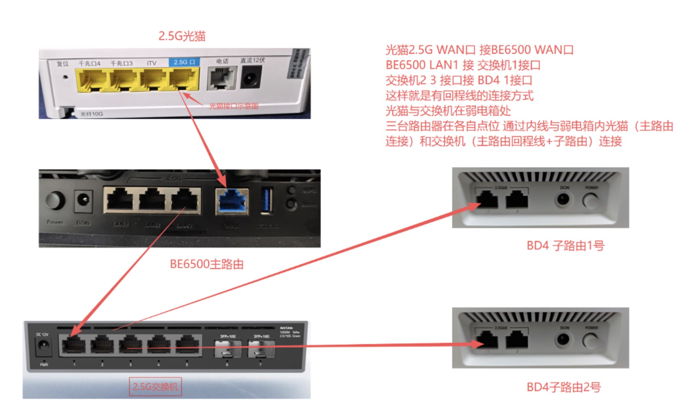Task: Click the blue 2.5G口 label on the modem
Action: coord(184,62)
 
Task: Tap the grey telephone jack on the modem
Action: coord(222,78)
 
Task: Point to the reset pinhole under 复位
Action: coord(66,77)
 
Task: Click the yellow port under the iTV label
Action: coord(153,80)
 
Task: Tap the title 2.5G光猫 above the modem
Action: coord(182,36)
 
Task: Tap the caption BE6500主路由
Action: coord(206,264)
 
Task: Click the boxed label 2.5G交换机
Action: coord(155,387)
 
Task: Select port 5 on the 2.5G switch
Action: coord(187,345)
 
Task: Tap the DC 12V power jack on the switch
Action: coord(43,346)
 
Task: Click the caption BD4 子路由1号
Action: coord(565,246)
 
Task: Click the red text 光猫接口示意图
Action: coord(233,106)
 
